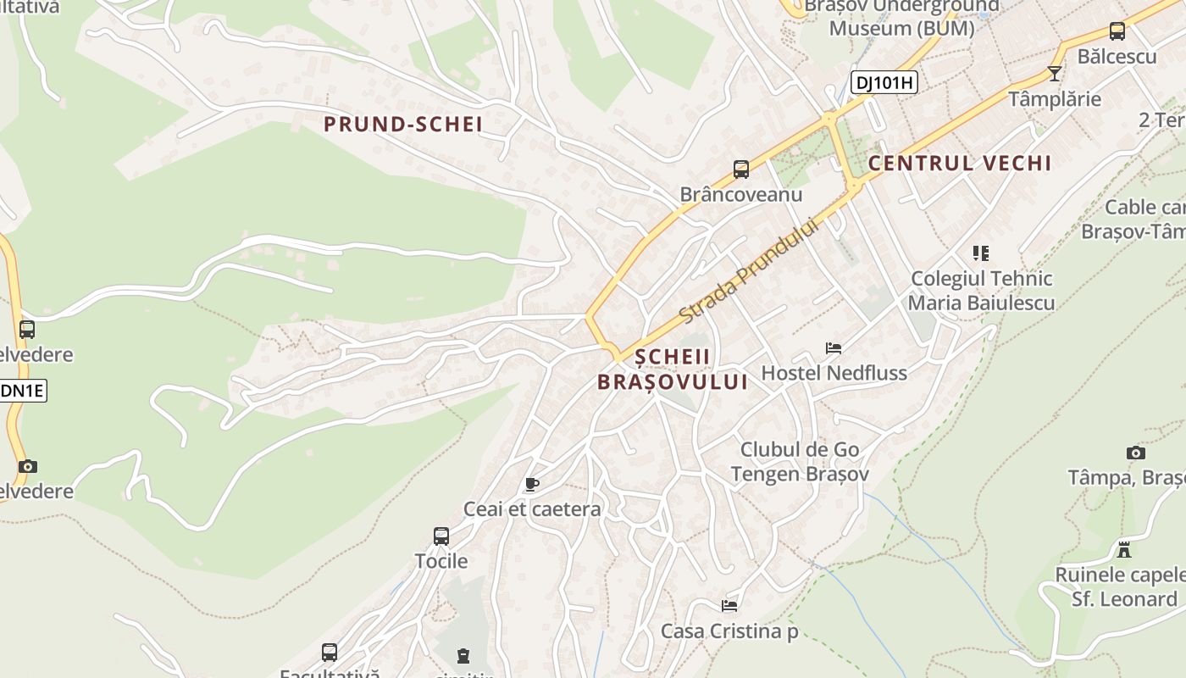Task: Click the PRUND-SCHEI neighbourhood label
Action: (403, 125)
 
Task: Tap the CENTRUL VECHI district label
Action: (960, 164)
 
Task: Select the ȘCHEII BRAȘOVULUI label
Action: (673, 370)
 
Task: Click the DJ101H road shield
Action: (884, 82)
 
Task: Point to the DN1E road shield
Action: (22, 391)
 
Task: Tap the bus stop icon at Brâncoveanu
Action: (741, 169)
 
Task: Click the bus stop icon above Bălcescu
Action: (1117, 31)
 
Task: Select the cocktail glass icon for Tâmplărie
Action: (1055, 74)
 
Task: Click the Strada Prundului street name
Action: (751, 270)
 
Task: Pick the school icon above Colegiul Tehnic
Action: (981, 253)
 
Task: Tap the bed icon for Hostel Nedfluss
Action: (834, 348)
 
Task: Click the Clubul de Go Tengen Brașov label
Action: (800, 462)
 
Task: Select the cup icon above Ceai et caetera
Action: (531, 485)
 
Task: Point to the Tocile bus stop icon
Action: (441, 536)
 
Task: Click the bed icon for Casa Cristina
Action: (729, 606)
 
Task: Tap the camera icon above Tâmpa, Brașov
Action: (1136, 453)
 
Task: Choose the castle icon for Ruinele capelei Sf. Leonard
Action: (1124, 550)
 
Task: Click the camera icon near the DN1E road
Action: (28, 466)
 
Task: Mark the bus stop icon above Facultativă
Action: (330, 652)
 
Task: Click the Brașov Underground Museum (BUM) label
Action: (901, 17)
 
